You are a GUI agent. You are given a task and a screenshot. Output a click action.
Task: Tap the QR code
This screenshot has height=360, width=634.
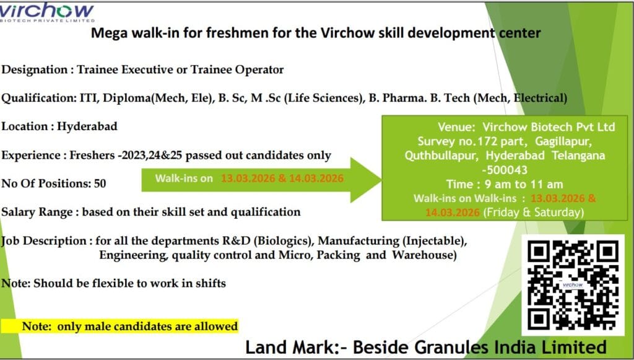pyautogui.click(x=573, y=284)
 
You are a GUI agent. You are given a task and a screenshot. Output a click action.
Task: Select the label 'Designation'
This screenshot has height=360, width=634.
pyautogui.click(x=35, y=69)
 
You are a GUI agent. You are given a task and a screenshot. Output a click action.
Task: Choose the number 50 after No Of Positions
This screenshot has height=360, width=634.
pyautogui.click(x=100, y=183)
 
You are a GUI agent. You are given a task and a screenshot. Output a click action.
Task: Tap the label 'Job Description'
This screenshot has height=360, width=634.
pyautogui.click(x=43, y=240)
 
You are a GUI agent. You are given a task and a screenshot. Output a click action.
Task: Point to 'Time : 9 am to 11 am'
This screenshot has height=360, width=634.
pyautogui.click(x=504, y=184)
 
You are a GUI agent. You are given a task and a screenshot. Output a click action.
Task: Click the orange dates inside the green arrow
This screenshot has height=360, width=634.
pyautogui.click(x=282, y=178)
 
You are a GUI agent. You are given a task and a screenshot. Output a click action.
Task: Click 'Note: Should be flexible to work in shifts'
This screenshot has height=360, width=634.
pyautogui.click(x=113, y=284)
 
